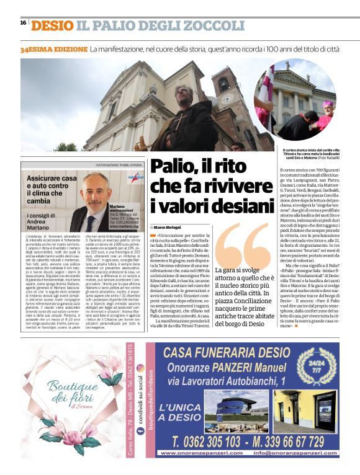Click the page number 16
coord(23,23)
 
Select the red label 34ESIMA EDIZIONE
coord(53,48)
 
